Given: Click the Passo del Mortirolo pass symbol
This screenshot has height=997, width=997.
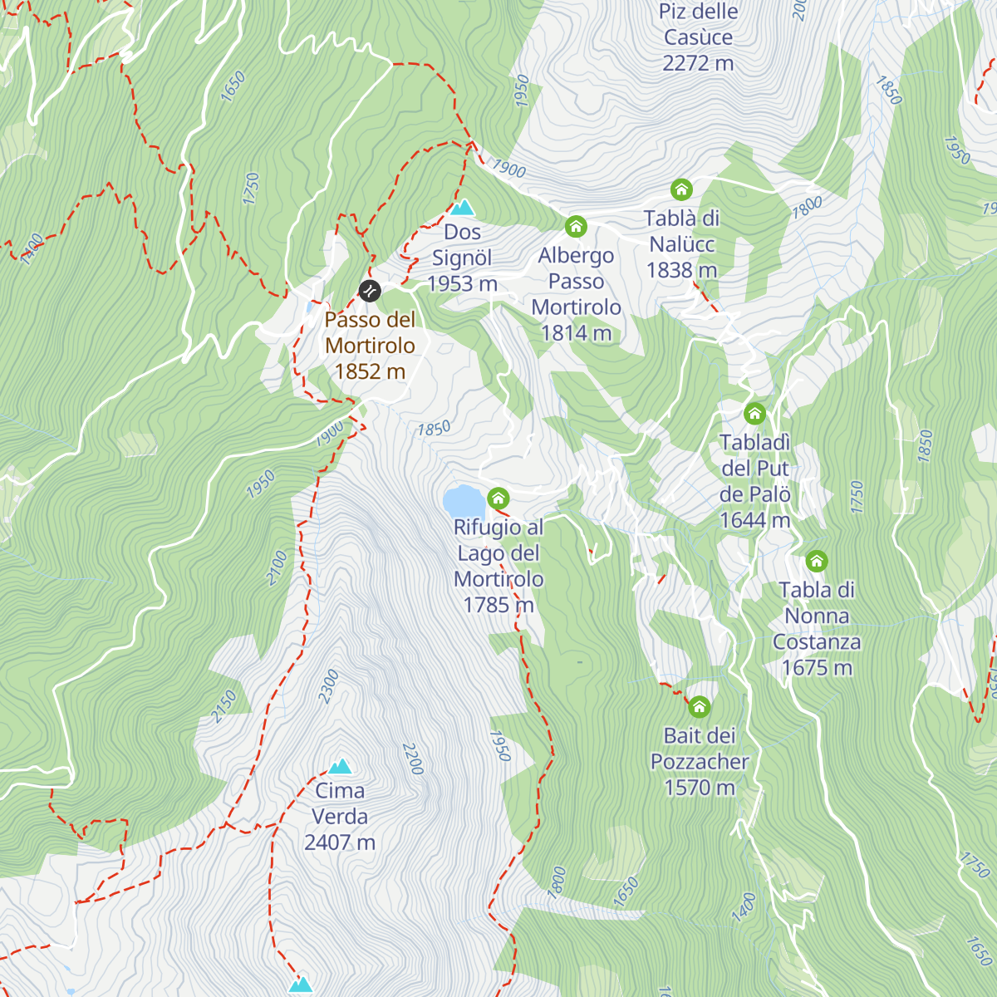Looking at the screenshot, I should [370, 291].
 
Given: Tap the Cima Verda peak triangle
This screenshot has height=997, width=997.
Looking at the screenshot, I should [340, 767].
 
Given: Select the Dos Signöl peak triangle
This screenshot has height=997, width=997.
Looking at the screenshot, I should [462, 208].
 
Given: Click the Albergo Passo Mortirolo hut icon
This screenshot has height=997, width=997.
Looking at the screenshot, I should [576, 226].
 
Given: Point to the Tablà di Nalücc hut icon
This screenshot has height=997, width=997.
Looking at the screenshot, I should [681, 189].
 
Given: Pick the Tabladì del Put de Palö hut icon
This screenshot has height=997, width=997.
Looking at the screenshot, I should [754, 413].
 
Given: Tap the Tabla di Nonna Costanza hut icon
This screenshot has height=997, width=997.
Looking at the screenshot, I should [817, 561].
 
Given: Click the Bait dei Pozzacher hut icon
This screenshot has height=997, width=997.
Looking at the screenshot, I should [700, 707].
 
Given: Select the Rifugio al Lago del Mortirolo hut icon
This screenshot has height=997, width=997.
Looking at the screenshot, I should [498, 498].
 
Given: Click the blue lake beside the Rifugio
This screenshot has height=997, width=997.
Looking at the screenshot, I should [463, 502].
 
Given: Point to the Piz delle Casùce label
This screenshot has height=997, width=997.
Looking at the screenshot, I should [698, 25].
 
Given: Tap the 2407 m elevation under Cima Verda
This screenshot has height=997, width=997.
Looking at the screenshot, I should [340, 842].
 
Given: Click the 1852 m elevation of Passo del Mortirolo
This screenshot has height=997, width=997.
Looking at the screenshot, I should [370, 371].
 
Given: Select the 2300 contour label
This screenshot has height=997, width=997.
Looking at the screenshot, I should [329, 686].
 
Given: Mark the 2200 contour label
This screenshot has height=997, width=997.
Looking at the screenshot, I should [413, 759].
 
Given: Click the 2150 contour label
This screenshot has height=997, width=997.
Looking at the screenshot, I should [224, 706].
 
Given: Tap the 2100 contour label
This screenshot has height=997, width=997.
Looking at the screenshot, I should [277, 568].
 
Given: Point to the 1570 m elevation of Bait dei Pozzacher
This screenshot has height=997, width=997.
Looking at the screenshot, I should [700, 788].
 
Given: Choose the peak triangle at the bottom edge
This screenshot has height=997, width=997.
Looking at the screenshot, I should [301, 985].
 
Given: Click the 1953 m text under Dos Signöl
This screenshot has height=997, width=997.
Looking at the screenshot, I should [462, 284].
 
